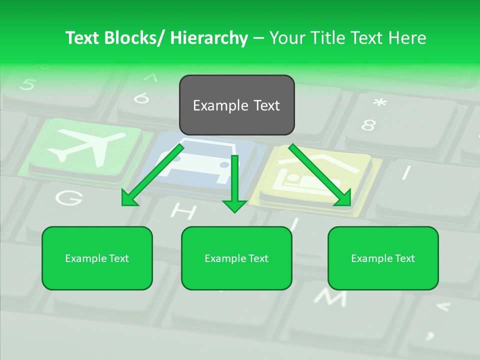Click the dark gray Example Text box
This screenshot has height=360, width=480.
[237, 105]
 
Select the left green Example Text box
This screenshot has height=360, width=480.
[97, 258]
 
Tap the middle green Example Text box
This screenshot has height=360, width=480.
[236, 258]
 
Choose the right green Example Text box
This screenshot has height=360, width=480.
[383, 258]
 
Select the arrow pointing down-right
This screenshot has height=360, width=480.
[320, 175]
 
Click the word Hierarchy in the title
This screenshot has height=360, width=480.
[208, 38]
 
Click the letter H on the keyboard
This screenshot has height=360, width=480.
[183, 212]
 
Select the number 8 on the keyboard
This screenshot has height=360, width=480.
[368, 125]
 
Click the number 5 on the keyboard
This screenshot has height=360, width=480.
[27, 84]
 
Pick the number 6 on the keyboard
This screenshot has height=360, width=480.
[141, 98]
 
